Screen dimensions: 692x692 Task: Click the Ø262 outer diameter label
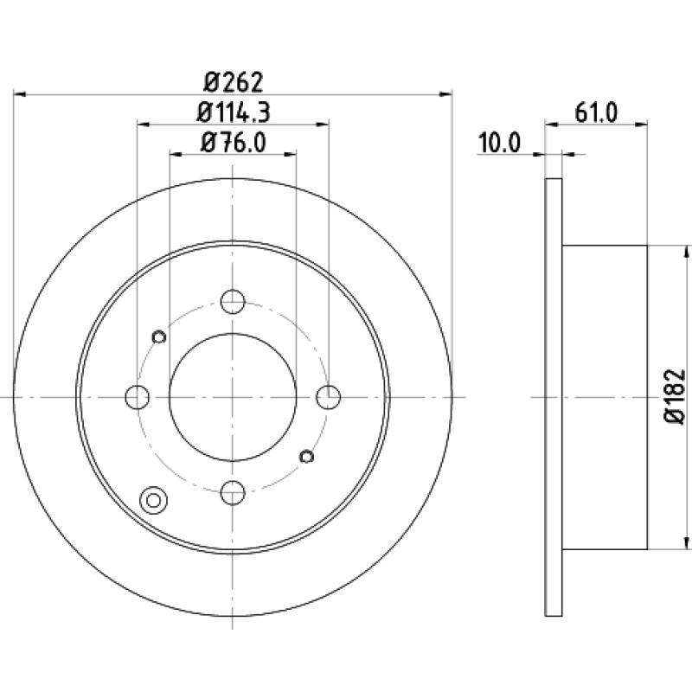233,82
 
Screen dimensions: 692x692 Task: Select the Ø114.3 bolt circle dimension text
233,112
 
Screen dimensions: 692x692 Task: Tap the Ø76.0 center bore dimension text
233,143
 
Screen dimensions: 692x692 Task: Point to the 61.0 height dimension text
596,112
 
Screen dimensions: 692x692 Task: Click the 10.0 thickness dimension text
499,143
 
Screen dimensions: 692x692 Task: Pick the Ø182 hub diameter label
675,397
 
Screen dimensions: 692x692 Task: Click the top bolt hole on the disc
233,302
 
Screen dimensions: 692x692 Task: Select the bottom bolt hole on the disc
233,492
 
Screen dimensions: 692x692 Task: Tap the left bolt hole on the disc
138,397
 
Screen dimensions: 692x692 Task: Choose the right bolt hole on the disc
329,397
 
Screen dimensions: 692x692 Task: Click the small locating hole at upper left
159,336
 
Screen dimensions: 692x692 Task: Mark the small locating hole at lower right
306,457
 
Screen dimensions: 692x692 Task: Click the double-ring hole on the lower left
153,501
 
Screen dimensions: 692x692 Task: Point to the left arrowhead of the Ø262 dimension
20,94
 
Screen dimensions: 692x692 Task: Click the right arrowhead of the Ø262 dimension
446,94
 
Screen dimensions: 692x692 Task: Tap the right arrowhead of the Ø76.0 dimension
290,154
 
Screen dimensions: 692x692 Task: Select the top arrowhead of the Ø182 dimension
686,252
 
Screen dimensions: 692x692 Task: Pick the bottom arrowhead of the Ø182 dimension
686,543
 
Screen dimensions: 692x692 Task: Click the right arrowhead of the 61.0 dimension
641,125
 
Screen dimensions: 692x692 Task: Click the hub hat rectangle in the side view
605,397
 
